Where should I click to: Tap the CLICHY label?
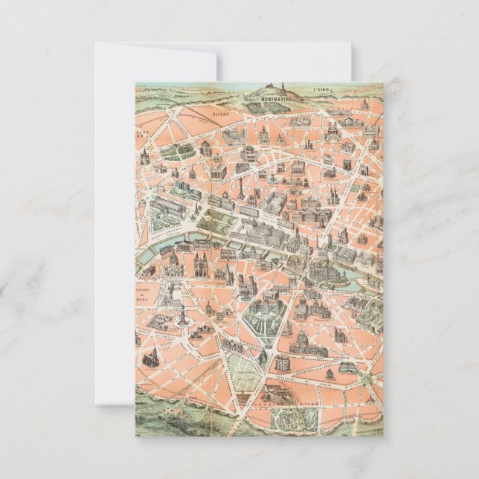pos(219,115)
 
